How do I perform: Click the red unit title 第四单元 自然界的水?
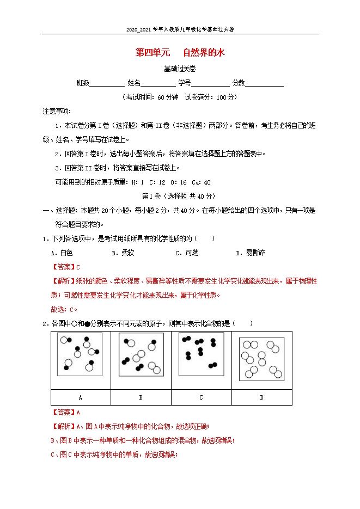coord(180,53)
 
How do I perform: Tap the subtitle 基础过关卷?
coord(180,69)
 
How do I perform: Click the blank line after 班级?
coord(107,84)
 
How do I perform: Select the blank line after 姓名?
coord(158,84)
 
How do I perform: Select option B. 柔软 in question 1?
coord(123,253)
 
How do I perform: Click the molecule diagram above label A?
coord(80,354)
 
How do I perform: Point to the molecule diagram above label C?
coord(201,353)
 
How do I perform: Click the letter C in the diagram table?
coord(201,397)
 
